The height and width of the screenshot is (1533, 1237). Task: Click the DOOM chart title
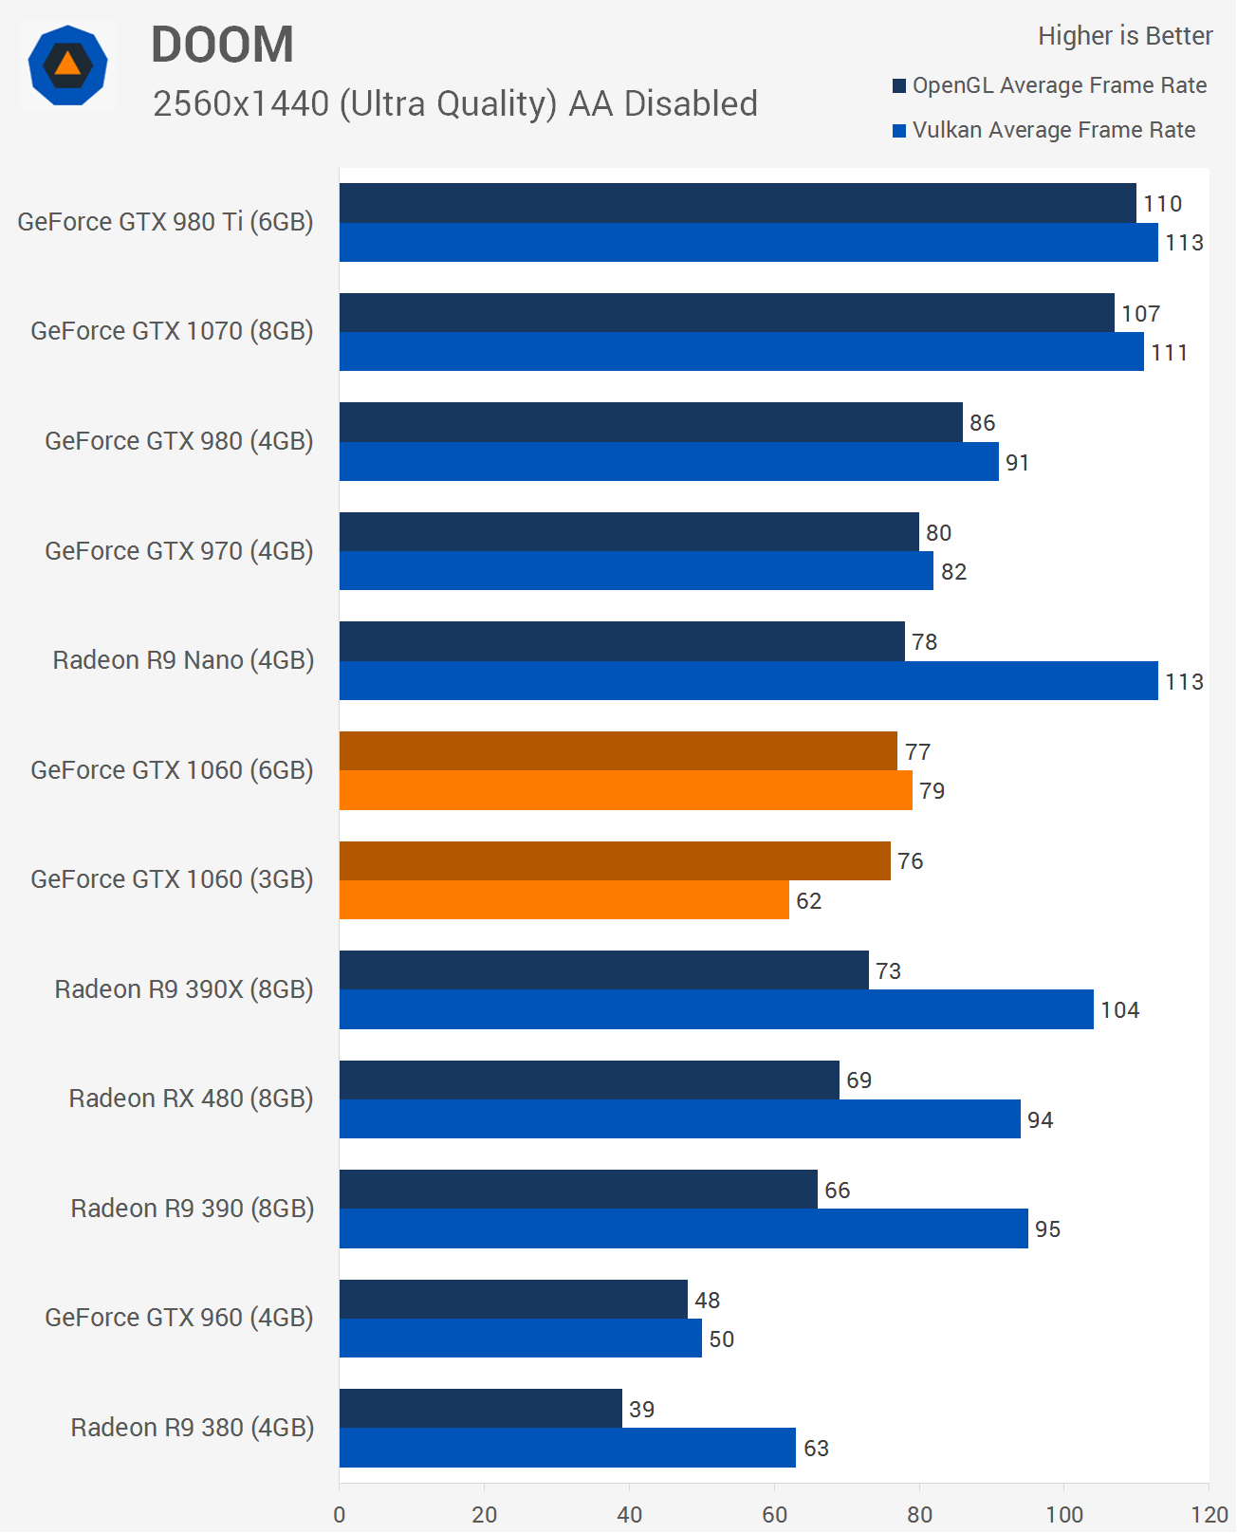click(x=222, y=45)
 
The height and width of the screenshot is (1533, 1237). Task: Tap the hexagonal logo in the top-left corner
click(x=67, y=65)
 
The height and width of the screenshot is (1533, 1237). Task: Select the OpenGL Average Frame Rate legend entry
click(x=1049, y=85)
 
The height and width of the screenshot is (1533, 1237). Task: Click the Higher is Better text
click(x=1125, y=36)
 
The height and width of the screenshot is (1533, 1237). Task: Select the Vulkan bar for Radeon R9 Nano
click(x=748, y=681)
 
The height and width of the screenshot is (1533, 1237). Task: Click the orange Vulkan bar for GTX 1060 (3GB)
click(x=563, y=900)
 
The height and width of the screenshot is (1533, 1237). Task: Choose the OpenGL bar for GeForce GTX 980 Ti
click(x=737, y=203)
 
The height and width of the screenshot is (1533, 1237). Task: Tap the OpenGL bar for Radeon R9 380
click(x=480, y=1409)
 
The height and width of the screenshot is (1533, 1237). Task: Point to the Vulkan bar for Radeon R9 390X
click(x=716, y=1009)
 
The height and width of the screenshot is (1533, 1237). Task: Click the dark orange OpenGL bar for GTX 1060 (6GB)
click(x=618, y=751)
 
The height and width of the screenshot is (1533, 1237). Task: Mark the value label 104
click(x=1120, y=1010)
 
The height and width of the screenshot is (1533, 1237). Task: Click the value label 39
click(x=642, y=1410)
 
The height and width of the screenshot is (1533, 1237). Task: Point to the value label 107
click(x=1141, y=314)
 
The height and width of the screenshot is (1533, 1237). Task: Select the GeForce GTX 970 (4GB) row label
click(x=179, y=551)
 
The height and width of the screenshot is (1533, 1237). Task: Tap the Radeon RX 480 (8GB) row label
click(x=191, y=1099)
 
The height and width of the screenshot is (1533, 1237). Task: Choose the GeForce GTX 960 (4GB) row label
click(x=179, y=1318)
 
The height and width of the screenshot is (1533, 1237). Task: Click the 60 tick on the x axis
click(x=774, y=1514)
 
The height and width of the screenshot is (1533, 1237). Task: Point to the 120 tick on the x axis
click(x=1209, y=1514)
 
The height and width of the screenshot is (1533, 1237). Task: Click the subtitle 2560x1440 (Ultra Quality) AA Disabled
click(x=455, y=103)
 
